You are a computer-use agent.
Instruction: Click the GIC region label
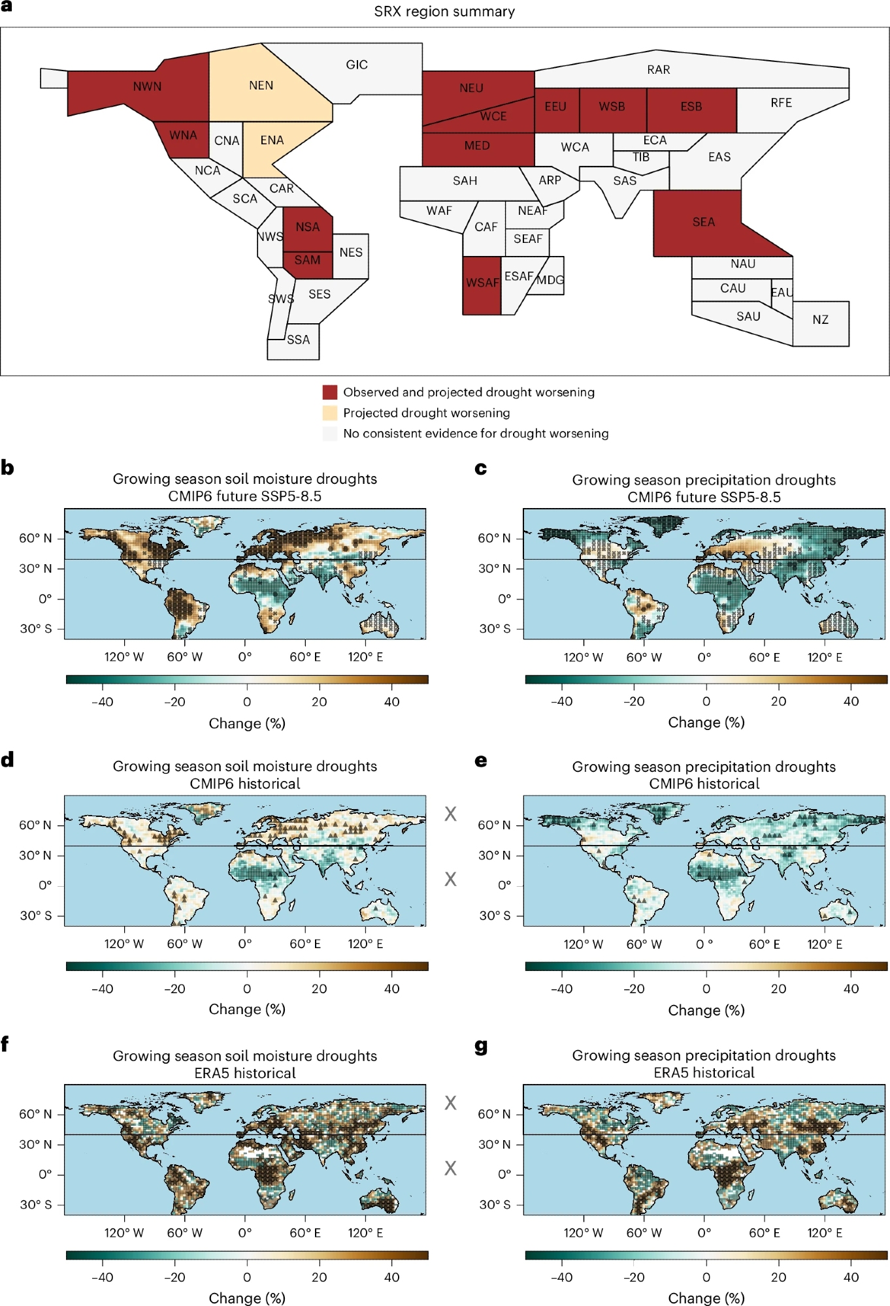(357, 65)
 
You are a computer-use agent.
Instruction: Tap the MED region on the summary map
(477, 146)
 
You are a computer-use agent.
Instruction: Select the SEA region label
(704, 222)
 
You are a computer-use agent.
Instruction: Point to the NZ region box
(821, 320)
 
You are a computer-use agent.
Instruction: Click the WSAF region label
(482, 283)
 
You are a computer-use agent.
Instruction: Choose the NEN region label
(261, 86)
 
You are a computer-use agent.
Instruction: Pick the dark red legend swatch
(330, 392)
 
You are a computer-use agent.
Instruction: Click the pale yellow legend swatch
(330, 413)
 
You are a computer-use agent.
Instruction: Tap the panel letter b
(8, 468)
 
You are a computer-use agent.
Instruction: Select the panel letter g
(481, 1046)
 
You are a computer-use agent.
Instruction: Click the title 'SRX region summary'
(444, 12)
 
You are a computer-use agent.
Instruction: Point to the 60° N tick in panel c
(493, 538)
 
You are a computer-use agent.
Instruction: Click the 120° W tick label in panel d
(124, 944)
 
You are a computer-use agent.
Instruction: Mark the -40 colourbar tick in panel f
(102, 1277)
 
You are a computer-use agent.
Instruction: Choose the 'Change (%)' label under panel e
(706, 1010)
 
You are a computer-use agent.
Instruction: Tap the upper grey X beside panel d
(450, 814)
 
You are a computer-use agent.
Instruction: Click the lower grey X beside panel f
(450, 1168)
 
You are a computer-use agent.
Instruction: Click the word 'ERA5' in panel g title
(671, 1073)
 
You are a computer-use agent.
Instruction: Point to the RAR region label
(659, 70)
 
